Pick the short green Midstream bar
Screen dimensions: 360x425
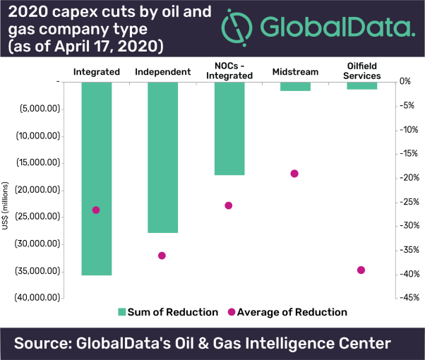coord(295,86)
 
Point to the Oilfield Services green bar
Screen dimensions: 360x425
coord(361,85)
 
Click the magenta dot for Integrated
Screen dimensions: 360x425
coord(96,210)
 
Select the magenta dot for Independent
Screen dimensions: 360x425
coord(162,256)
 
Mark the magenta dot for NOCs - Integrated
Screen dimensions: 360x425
coord(228,205)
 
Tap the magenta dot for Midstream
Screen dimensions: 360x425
coord(294,174)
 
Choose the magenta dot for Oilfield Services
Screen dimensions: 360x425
coord(361,270)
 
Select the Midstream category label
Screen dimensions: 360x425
coord(294,72)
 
